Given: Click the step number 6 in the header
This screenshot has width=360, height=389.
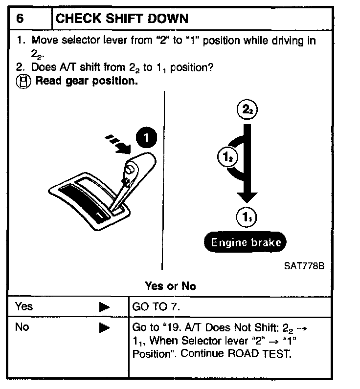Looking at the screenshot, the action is pos(20,19).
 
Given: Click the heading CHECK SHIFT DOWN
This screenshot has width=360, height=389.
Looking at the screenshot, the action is pos(122,19).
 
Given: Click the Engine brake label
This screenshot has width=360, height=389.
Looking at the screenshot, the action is pos(246,242).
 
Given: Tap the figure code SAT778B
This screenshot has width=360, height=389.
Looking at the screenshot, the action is pos(303,266).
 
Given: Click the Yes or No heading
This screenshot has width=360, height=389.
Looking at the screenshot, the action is pos(170,286).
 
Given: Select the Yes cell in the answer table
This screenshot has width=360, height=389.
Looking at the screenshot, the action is pos(24,306).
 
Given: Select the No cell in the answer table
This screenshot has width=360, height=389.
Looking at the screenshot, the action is pos(22,327).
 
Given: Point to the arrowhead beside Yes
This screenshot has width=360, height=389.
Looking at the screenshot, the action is pos(104,307).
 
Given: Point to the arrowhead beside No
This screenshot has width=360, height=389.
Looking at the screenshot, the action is pos(104,328).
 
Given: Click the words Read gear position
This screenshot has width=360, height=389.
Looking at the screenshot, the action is pos(87,81).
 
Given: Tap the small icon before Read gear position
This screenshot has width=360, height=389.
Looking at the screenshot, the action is pos(23,82).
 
